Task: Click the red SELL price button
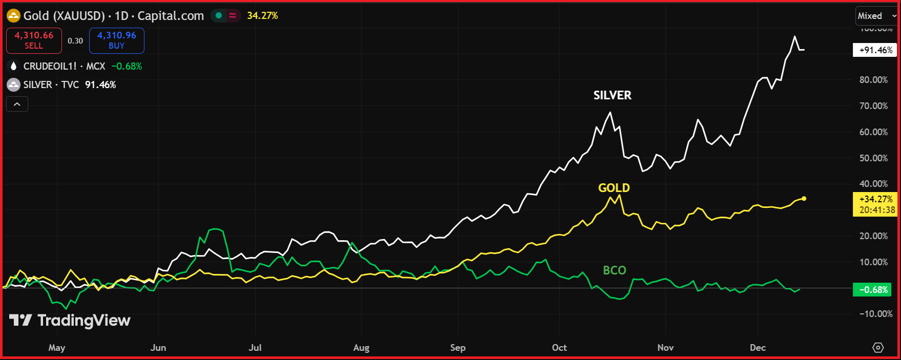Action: tap(34, 40)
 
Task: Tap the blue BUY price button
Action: tap(117, 40)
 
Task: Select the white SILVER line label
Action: tap(612, 95)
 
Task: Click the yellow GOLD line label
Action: tap(614, 188)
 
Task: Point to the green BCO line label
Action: tap(614, 270)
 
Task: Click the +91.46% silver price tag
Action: tap(875, 50)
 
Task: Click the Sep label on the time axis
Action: tap(458, 348)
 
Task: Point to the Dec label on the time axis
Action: tap(758, 348)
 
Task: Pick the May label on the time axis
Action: tap(57, 348)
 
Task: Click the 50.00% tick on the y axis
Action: tap(873, 158)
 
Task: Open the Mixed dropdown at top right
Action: tap(876, 16)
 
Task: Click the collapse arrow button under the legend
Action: tap(17, 104)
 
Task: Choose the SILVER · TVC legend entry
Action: tap(51, 84)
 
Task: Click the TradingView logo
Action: tap(70, 321)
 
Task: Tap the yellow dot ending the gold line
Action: tap(804, 199)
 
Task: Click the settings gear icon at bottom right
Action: tap(878, 348)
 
